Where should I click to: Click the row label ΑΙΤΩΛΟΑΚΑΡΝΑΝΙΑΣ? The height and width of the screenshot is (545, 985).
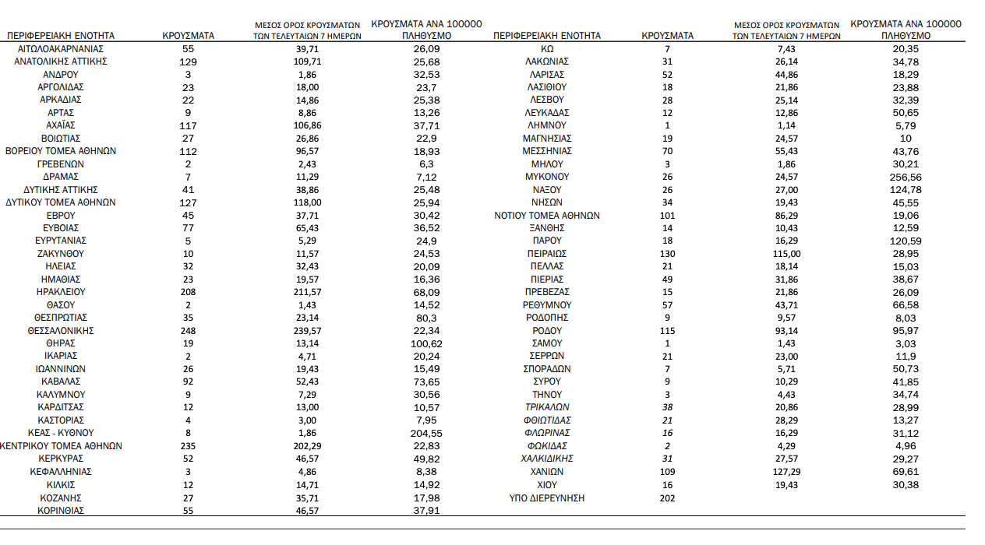[x=60, y=48]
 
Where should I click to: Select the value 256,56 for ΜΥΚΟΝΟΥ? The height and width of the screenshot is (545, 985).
[x=906, y=177]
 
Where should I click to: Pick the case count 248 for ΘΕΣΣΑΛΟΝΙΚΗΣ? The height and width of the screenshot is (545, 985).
[x=188, y=331]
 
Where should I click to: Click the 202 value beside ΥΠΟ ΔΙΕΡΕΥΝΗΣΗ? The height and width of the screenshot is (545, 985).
[x=667, y=498]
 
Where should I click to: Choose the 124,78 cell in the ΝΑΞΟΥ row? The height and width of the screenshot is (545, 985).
[x=906, y=190]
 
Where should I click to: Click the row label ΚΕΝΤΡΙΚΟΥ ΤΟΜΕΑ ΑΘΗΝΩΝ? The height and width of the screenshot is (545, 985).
[x=61, y=446]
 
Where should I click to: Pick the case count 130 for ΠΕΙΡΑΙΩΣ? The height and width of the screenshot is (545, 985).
[x=667, y=254]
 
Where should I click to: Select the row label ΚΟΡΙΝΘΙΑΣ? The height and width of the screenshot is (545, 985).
[x=60, y=511]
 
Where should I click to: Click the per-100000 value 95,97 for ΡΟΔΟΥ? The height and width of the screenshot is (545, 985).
[x=906, y=331]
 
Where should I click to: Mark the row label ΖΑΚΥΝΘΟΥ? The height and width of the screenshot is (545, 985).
[x=60, y=254]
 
